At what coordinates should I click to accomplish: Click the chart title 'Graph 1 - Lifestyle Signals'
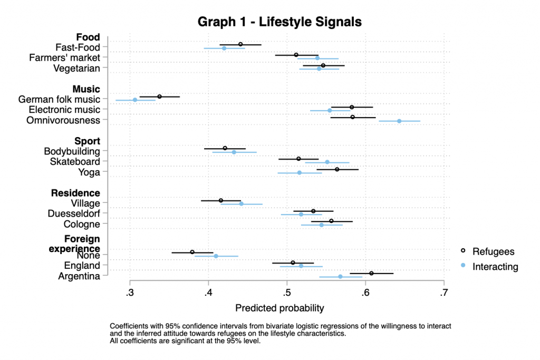279,22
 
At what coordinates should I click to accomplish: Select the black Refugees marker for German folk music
159,96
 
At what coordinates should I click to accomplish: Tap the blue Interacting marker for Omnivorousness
399,121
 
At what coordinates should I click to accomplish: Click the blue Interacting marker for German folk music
135,100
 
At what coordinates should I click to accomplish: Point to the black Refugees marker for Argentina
372,273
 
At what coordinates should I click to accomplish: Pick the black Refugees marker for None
192,252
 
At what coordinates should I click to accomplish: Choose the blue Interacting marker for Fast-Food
224,48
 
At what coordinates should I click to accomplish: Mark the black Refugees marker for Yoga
337,169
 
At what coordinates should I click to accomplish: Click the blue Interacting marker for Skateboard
327,162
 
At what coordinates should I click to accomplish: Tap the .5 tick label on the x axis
286,293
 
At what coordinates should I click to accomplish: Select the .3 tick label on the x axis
130,293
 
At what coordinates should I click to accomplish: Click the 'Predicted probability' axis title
279,308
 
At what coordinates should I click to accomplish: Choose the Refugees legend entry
493,251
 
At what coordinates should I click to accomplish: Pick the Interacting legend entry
495,267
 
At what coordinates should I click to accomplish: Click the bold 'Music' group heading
87,89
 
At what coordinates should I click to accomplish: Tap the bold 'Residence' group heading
75,192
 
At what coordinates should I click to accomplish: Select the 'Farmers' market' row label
65,57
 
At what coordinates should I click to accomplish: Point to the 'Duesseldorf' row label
74,213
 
